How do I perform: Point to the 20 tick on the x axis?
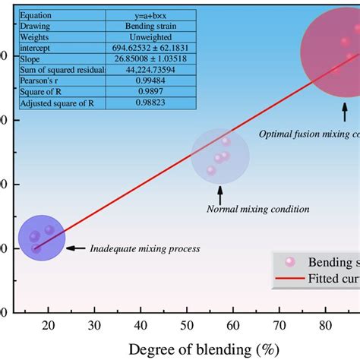pos(49,325)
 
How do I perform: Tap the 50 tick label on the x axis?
pos(188,325)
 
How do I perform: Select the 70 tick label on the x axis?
pos(279,325)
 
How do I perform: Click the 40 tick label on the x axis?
pos(141,325)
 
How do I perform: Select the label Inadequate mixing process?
pos(144,248)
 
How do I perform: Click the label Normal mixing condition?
pos(257,209)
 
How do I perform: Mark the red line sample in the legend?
pos(289,279)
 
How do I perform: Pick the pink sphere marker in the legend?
pos(289,261)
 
